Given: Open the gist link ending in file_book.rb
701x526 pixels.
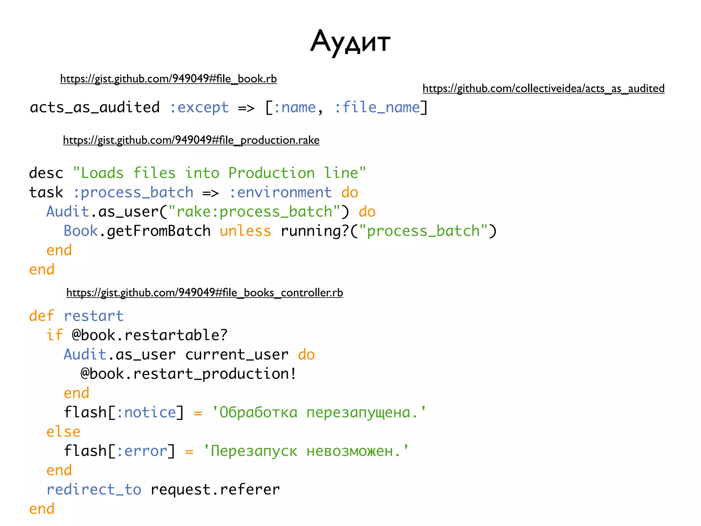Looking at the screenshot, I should pos(168,79).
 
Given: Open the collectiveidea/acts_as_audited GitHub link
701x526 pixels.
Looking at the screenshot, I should pos(543,88).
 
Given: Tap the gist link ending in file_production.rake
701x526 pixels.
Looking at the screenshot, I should pos(191,140).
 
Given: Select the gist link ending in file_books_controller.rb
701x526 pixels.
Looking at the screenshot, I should pos(204,293).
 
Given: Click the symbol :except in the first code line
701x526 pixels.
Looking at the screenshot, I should pos(199,108).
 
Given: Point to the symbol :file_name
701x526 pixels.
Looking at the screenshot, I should pos(377,108).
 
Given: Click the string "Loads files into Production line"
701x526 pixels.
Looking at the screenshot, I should pos(219,173).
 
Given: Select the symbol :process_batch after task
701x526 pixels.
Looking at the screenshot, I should pos(133,193).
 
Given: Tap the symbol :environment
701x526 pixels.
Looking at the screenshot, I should pos(280,193).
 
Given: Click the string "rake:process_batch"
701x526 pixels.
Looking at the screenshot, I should pos(254,212).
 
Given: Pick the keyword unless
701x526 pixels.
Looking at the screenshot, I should pos(245,231).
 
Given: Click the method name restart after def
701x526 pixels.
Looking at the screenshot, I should pos(93,316).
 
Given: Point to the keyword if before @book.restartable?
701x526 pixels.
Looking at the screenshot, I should pos(55,335).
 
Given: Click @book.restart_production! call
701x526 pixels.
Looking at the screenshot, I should pos(188,374).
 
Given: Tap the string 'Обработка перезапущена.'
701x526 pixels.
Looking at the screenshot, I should pos(319,413).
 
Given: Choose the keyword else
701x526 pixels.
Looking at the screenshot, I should pos(63,432).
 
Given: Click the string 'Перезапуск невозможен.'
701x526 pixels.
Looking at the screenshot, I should pos(306,451).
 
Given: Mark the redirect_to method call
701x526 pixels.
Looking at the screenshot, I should pos(94,490).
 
